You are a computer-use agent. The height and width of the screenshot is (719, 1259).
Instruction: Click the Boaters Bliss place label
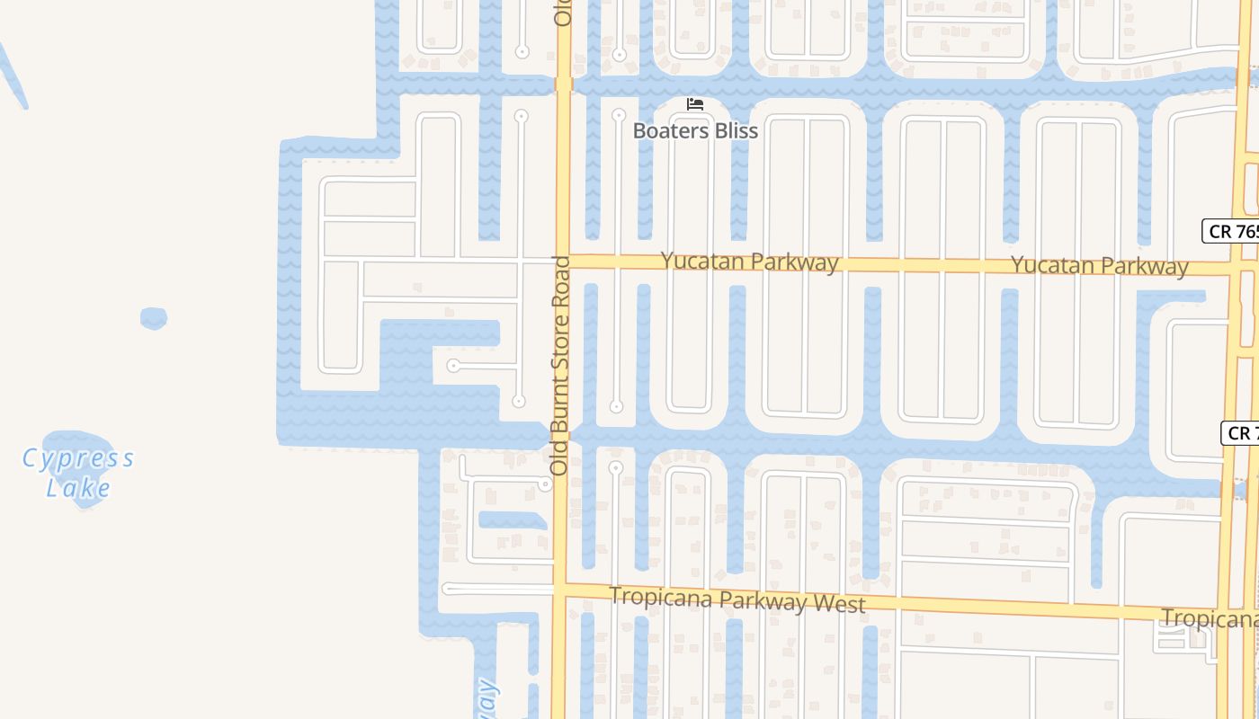tap(695, 131)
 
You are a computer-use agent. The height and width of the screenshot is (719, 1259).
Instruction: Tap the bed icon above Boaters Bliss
tap(694, 104)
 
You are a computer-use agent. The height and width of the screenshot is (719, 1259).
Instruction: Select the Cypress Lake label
tap(78, 473)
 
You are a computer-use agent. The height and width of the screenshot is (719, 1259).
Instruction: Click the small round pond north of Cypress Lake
tap(154, 318)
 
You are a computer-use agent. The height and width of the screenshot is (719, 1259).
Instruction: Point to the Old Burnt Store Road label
tap(560, 366)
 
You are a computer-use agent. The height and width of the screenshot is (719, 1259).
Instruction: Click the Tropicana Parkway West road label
tap(737, 599)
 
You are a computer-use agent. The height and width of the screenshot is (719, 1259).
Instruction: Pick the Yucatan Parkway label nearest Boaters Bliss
tap(749, 262)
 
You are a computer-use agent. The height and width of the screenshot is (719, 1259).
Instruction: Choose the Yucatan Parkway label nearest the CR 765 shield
tap(1099, 265)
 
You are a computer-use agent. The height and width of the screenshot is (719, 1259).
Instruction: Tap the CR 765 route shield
tap(1232, 231)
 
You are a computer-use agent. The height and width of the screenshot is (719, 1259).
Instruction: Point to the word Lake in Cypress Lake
tap(78, 489)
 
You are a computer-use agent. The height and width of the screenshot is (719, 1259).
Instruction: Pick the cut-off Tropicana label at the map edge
tap(1209, 618)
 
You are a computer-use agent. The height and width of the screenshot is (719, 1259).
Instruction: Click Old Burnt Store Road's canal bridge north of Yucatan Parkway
tap(564, 84)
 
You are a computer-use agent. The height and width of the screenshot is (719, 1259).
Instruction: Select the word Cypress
tap(78, 459)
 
